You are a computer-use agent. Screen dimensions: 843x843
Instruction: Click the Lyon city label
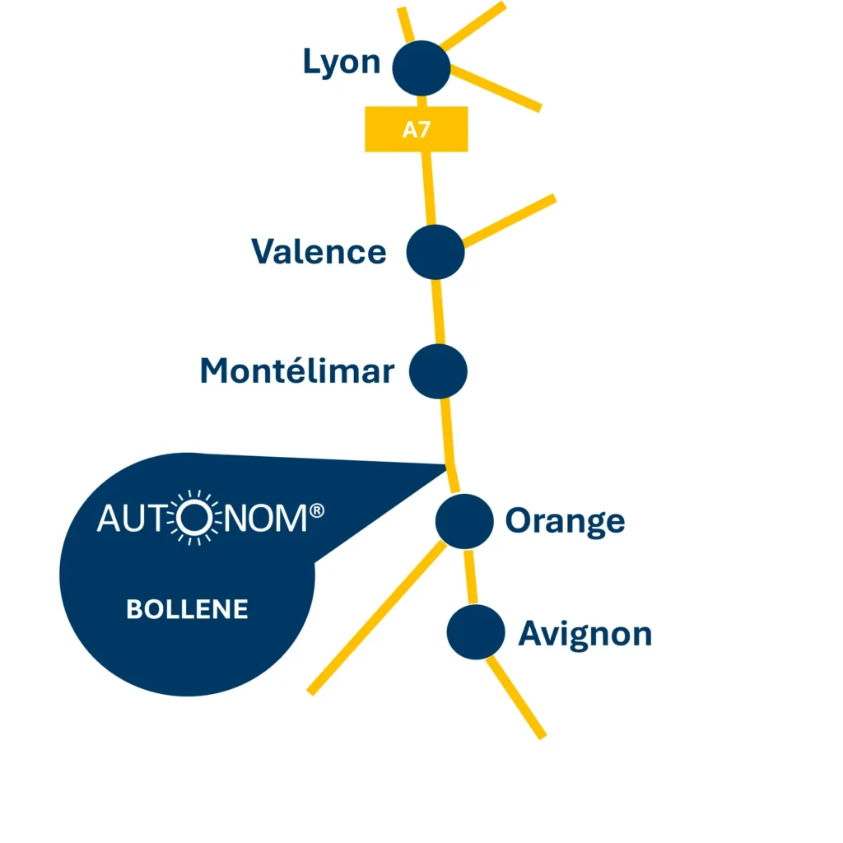342,63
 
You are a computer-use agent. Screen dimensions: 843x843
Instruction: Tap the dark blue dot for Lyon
421,68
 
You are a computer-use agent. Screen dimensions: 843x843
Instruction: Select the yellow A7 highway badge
417,129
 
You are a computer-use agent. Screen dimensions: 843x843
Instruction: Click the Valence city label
319,251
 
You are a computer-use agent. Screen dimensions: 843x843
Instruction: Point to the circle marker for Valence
435,252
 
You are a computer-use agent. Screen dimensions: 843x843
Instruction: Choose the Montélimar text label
296,371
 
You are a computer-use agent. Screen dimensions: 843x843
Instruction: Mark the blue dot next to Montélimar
438,371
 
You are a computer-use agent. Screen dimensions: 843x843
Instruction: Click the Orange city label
565,520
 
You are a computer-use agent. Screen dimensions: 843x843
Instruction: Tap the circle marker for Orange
463,521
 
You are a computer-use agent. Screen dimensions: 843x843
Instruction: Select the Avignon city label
585,634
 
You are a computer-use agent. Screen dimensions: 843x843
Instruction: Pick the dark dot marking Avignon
475,631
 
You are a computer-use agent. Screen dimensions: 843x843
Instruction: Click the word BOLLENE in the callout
187,609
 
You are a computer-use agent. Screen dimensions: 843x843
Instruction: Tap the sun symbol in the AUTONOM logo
194,518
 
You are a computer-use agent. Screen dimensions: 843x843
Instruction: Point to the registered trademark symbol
316,512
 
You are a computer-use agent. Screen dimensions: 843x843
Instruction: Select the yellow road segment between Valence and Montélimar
439,312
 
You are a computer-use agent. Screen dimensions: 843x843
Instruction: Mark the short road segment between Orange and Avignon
470,576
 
